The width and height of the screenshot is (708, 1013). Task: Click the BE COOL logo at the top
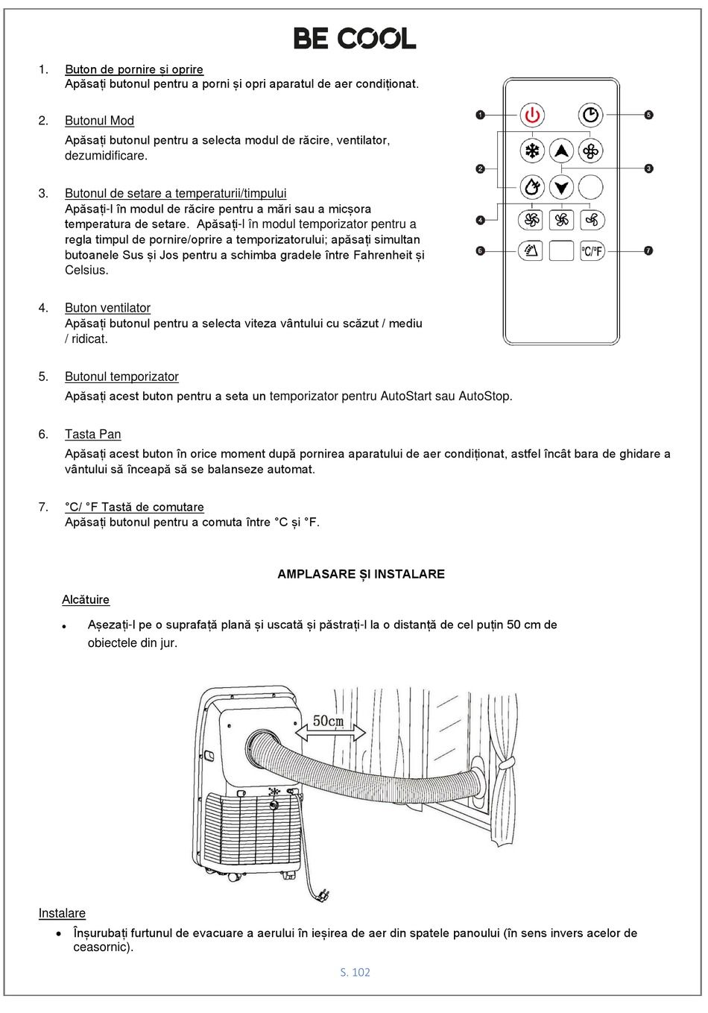355,38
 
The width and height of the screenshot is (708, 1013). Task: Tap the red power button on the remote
532,116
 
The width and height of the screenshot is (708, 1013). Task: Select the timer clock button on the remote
590,115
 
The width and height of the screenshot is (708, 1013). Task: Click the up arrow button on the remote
561,151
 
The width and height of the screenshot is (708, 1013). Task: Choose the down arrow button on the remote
561,187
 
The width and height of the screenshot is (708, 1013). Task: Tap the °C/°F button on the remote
592,250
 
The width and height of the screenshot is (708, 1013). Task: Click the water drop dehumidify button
532,187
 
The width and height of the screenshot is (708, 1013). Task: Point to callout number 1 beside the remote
481,115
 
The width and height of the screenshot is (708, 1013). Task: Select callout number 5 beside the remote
648,115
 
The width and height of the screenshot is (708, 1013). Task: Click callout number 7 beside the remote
648,250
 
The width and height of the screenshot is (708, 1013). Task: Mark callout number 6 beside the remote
481,250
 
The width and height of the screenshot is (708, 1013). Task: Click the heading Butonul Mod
99,121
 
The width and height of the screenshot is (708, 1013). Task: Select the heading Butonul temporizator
121,377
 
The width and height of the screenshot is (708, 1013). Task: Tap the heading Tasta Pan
92,435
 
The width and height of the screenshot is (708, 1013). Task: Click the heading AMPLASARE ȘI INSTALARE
361,574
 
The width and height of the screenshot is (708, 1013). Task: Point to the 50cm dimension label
328,721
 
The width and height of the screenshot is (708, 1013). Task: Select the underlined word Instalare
62,913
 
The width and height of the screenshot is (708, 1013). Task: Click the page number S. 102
355,972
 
